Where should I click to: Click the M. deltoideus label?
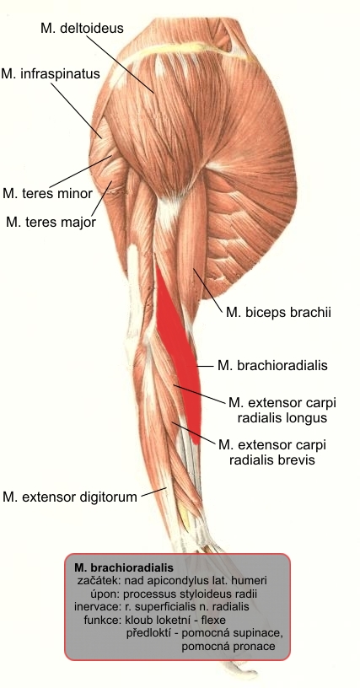pyautogui.click(x=82, y=28)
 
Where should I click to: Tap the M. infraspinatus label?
pyautogui.click(x=51, y=73)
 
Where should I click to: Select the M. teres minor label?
pyautogui.click(x=47, y=193)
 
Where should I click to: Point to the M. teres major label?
pyautogui.click(x=51, y=222)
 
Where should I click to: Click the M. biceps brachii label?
pyautogui.click(x=278, y=313)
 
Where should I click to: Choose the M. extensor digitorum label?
pyautogui.click(x=70, y=497)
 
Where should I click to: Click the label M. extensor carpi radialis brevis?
pyautogui.click(x=272, y=452)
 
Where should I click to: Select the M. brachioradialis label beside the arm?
pyautogui.click(x=272, y=365)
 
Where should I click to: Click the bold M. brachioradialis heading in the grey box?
pyautogui.click(x=124, y=567)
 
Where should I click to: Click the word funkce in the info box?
pyautogui.click(x=102, y=620)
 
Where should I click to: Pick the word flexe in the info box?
pyautogui.click(x=212, y=620)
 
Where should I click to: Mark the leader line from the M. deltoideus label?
pyautogui.click(x=120, y=63)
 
